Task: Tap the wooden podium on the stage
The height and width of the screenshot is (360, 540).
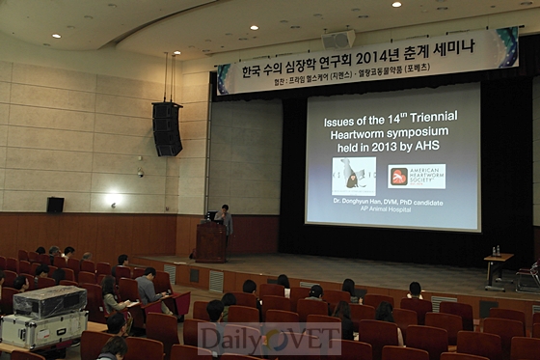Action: pyautogui.click(x=210, y=242)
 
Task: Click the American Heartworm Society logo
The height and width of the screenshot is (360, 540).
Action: pyautogui.click(x=417, y=176)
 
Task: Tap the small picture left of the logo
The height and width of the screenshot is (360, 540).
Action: pyautogui.click(x=354, y=176)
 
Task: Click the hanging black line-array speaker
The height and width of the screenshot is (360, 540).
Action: pyautogui.click(x=167, y=127)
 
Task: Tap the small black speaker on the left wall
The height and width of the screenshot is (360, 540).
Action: pyautogui.click(x=55, y=205)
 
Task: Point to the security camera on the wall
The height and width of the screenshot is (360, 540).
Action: pyautogui.click(x=140, y=174)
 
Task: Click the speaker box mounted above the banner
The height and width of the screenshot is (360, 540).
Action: pyautogui.click(x=338, y=40)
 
